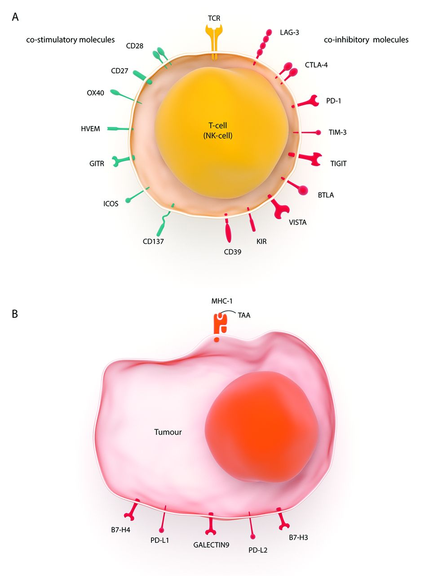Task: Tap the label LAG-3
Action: (289, 32)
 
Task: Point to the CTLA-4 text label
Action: (316, 65)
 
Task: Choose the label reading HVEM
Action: (90, 129)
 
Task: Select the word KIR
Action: (261, 242)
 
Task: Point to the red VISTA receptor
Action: (280, 208)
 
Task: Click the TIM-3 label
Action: (337, 132)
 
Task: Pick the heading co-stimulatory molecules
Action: (71, 40)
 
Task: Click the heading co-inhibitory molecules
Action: (366, 40)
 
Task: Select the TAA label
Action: (244, 315)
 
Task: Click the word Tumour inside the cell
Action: (168, 432)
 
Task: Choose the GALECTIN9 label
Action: (211, 545)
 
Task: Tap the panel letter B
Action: (15, 314)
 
